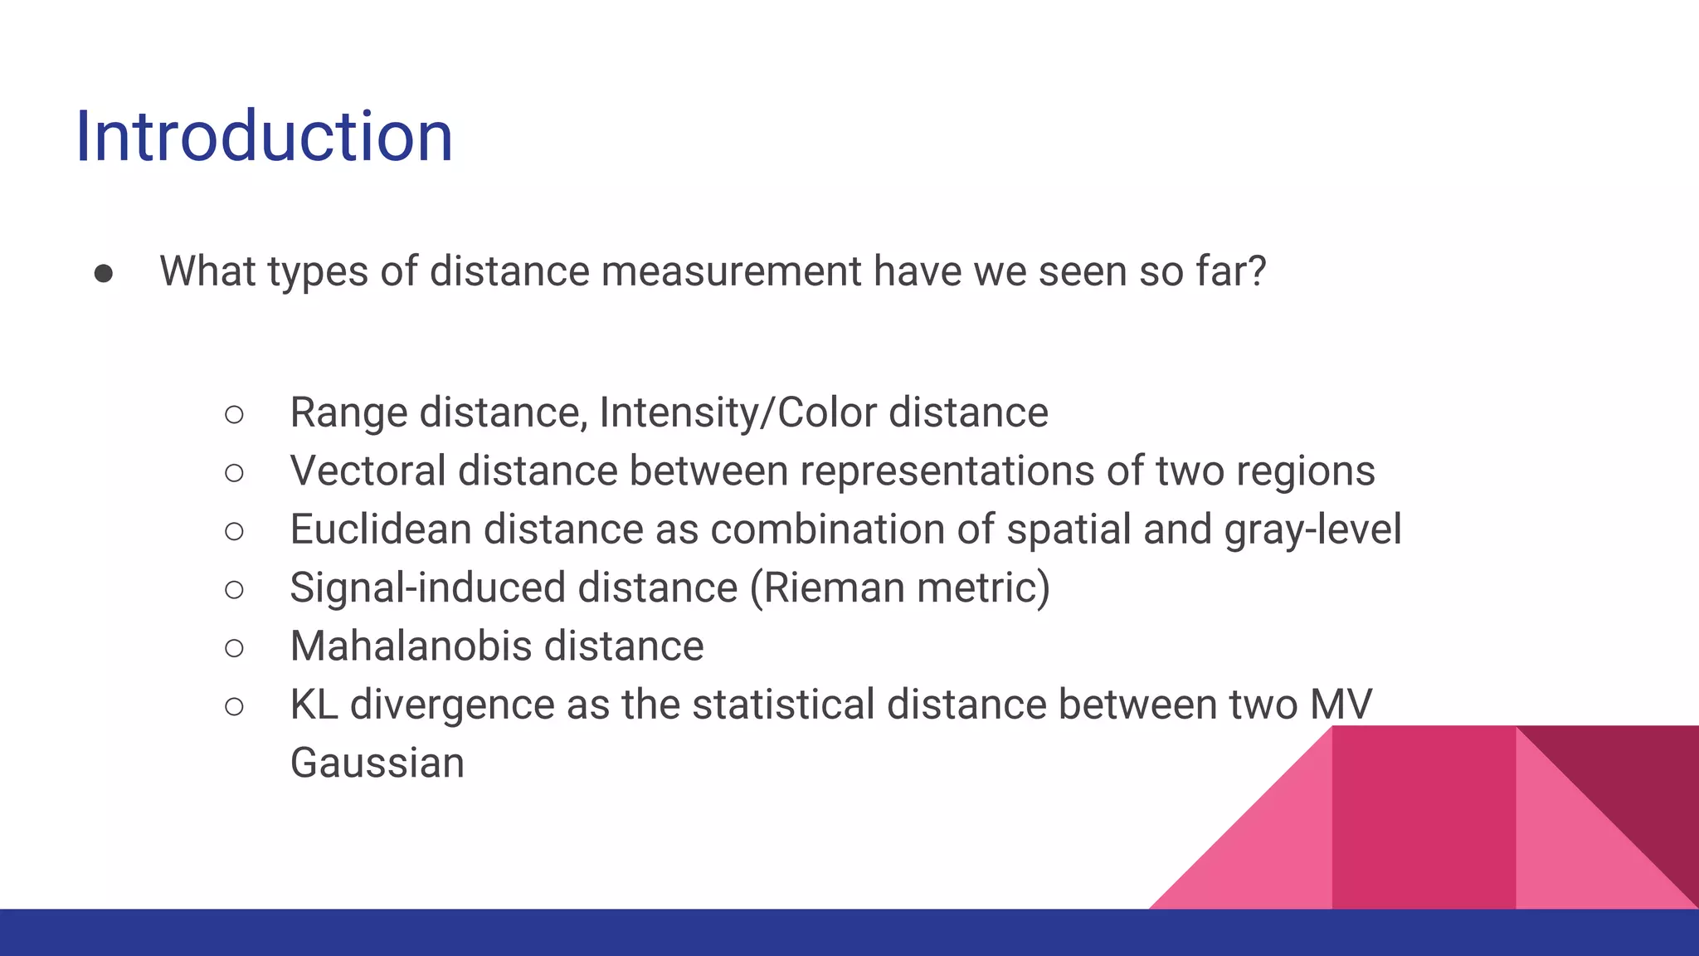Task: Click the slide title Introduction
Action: click(x=264, y=136)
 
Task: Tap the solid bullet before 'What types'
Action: click(x=104, y=273)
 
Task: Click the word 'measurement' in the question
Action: click(x=731, y=271)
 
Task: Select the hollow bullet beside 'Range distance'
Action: click(x=234, y=414)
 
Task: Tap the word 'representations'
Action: click(x=947, y=471)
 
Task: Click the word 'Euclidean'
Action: click(x=381, y=529)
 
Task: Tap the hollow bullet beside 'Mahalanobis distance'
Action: click(x=234, y=647)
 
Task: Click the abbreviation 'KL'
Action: click(x=314, y=705)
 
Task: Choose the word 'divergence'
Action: click(x=452, y=705)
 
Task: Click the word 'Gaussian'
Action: click(x=377, y=763)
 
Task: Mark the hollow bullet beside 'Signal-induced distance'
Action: click(x=234, y=589)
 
